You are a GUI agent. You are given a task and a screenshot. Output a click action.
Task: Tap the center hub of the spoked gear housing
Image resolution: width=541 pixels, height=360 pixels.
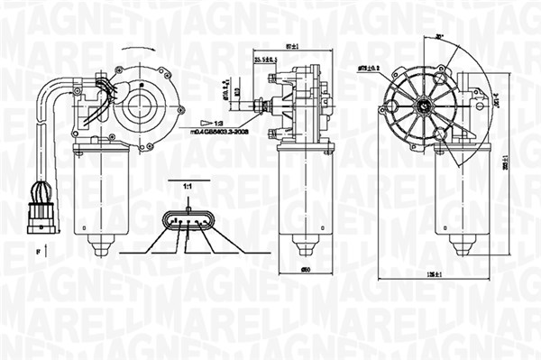(422, 106)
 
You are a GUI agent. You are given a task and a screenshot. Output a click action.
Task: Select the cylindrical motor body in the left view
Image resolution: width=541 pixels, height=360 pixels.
(100, 194)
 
